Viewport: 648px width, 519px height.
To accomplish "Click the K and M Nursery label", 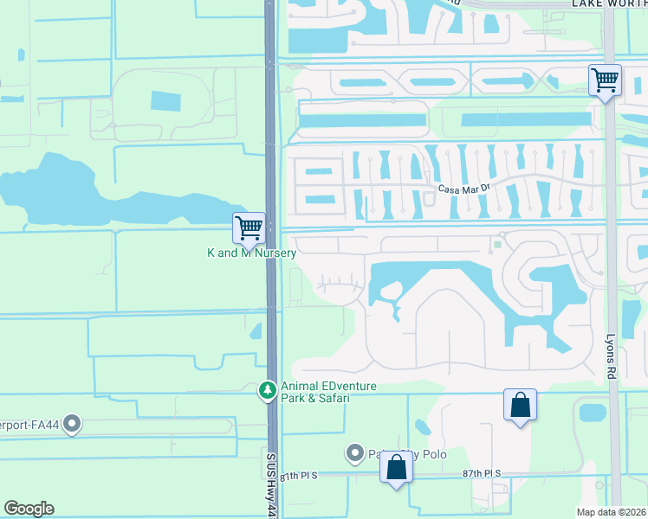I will [251, 253].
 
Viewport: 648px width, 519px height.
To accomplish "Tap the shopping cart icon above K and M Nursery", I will [249, 227].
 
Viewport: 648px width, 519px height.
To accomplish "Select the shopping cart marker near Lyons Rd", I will [605, 81].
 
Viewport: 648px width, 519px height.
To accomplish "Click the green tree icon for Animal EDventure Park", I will [268, 392].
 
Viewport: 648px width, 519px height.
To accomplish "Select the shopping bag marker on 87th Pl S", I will [396, 467].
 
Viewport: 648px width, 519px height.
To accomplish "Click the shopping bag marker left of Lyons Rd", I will [520, 405].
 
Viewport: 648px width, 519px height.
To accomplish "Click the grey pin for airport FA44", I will [72, 425].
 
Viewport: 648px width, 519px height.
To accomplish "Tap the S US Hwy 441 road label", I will [270, 488].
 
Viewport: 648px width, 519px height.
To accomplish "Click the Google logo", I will [29, 509].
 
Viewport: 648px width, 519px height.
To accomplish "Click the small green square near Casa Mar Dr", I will [497, 245].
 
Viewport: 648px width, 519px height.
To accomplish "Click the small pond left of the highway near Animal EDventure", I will [256, 330].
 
